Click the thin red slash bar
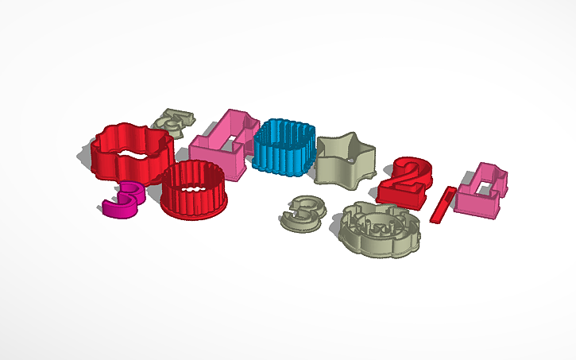click(443, 205)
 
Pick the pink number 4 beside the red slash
click(481, 192)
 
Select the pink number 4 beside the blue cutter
click(226, 143)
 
